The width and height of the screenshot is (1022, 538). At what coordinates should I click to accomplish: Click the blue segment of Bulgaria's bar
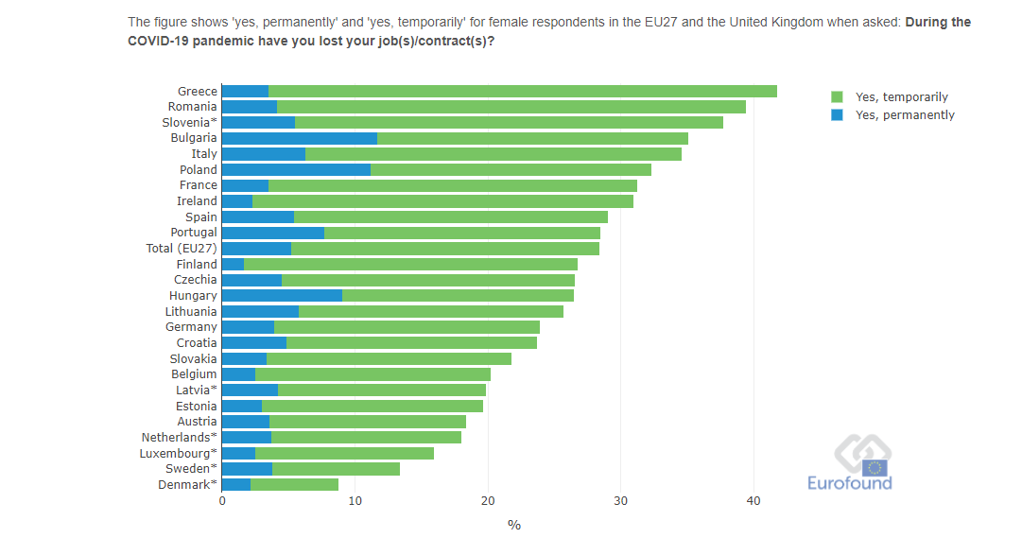pyautogui.click(x=299, y=138)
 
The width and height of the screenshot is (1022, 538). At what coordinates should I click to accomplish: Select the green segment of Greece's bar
pyautogui.click(x=523, y=91)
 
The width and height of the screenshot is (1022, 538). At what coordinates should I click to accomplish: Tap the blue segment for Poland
pyautogui.click(x=296, y=169)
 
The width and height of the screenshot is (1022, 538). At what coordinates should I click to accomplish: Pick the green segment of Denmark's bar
pyautogui.click(x=294, y=484)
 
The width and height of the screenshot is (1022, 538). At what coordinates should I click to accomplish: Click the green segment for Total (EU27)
pyautogui.click(x=444, y=248)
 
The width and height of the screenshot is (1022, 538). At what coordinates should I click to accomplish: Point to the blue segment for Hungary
pyautogui.click(x=282, y=295)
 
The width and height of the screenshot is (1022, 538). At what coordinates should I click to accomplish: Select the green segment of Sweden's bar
pyautogui.click(x=336, y=468)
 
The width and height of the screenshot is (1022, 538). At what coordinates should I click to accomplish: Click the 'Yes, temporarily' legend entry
pyautogui.click(x=901, y=97)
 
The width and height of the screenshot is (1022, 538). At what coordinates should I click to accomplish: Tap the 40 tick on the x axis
pyautogui.click(x=753, y=502)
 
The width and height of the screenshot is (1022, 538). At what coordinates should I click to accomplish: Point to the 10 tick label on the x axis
pyautogui.click(x=355, y=502)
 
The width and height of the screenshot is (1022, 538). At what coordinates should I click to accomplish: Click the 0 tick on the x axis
pyautogui.click(x=222, y=502)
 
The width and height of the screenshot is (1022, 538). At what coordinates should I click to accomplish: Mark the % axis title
pyautogui.click(x=514, y=525)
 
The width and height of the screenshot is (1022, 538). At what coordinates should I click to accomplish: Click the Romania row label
pyautogui.click(x=193, y=107)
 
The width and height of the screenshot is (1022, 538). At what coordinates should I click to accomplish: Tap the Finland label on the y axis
pyautogui.click(x=197, y=264)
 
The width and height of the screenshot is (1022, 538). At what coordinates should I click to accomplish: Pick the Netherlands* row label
pyautogui.click(x=180, y=437)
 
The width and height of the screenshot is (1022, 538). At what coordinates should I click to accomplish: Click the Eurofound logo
pyautogui.click(x=849, y=463)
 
